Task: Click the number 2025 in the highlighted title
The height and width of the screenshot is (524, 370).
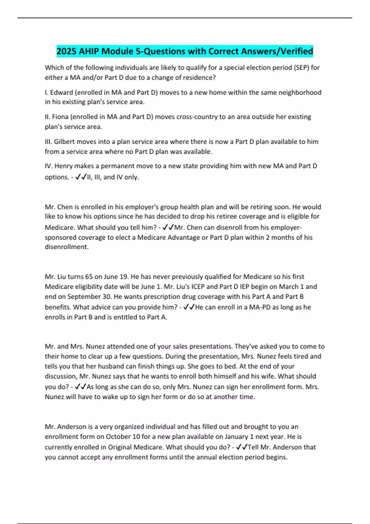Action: click(67, 51)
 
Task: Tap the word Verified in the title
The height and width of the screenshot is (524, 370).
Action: click(296, 51)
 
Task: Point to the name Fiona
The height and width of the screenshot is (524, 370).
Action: click(60, 117)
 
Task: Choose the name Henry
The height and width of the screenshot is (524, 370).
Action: click(63, 166)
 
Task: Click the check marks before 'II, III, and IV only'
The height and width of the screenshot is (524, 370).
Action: click(81, 177)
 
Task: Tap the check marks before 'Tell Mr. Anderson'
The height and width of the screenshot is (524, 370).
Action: click(241, 447)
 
